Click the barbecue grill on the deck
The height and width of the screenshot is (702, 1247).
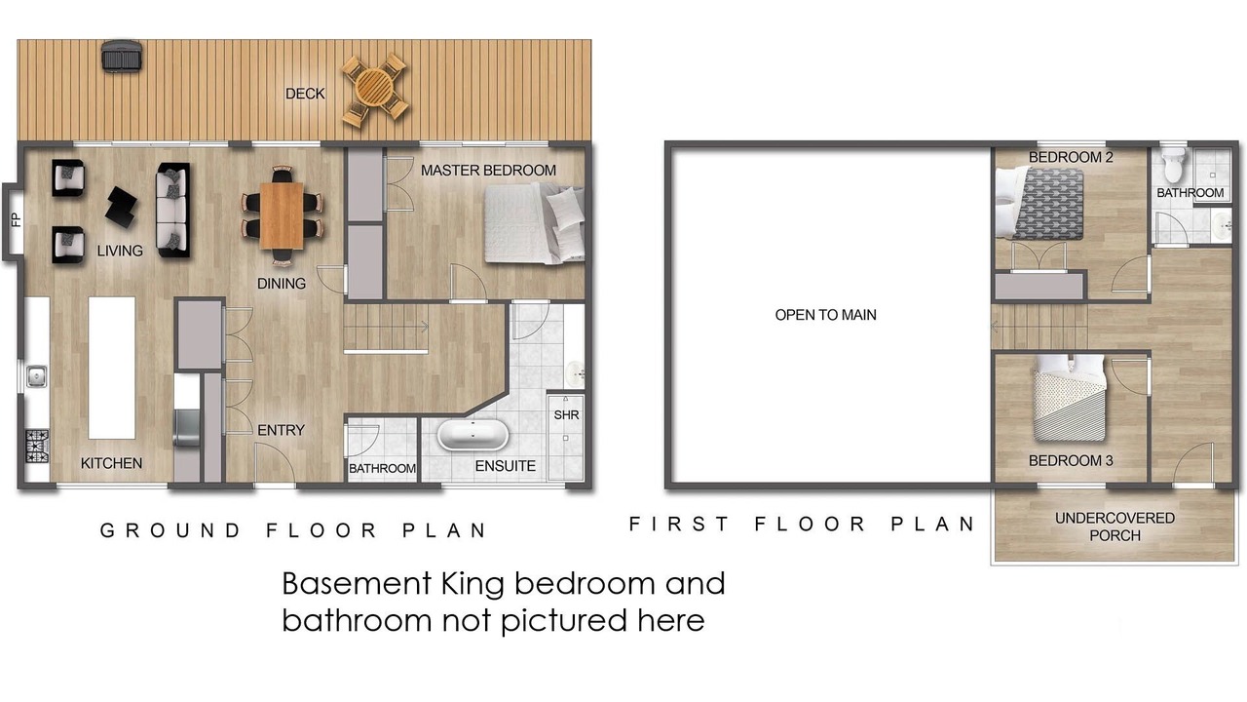[x=122, y=57]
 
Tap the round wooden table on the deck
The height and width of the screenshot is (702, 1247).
[x=374, y=88]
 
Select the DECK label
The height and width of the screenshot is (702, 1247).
[x=305, y=94]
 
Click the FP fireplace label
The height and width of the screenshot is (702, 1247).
[x=17, y=220]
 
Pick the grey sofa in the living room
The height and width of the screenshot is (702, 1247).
[x=173, y=210]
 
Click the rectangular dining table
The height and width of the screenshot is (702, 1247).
[x=282, y=215]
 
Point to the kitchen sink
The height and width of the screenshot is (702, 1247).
[x=37, y=376]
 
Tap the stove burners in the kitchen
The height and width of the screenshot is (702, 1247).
[x=37, y=447]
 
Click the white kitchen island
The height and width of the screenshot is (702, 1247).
[x=112, y=368]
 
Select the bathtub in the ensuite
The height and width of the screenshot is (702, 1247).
[x=472, y=435]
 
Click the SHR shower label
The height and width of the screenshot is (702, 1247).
[x=566, y=415]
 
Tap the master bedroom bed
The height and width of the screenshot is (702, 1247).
[x=535, y=223]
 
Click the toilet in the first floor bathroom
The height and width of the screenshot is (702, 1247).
[x=1174, y=165]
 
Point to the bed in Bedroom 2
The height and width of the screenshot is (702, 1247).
[x=1039, y=204]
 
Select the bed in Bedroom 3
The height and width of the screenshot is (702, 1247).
[x=1069, y=399]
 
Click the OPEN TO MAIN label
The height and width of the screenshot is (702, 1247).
[x=825, y=315]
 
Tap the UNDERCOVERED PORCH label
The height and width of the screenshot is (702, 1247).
[x=1115, y=526]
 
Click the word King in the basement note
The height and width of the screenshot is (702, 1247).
[x=472, y=585]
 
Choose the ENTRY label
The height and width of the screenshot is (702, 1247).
[x=282, y=430]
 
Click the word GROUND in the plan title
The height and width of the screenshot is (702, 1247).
[x=170, y=530]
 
